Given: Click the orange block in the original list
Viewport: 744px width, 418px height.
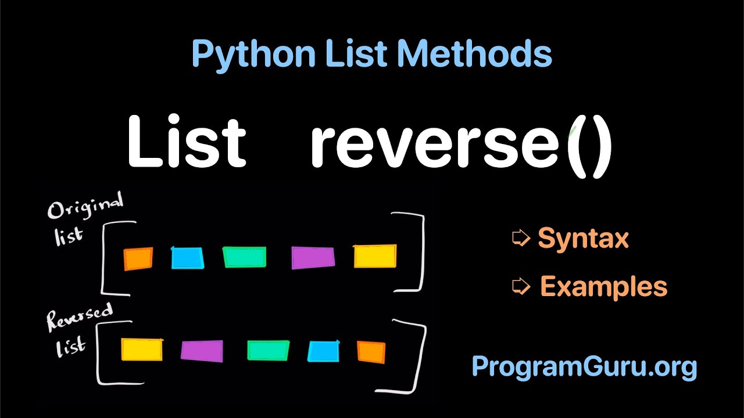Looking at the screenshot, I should pyautogui.click(x=138, y=259).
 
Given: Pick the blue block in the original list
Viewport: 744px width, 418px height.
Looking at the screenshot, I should pyautogui.click(x=188, y=258).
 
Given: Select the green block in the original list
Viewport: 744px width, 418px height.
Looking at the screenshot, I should pyautogui.click(x=245, y=257).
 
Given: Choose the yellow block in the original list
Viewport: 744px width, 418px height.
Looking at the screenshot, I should pyautogui.click(x=375, y=257).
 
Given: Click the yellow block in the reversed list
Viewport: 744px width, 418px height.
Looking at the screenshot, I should pyautogui.click(x=142, y=349).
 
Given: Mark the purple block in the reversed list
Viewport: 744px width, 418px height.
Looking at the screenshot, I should pyautogui.click(x=202, y=351).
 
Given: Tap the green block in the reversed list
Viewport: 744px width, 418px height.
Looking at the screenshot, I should pyautogui.click(x=268, y=350).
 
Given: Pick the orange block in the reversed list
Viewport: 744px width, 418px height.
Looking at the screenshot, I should pyautogui.click(x=371, y=352).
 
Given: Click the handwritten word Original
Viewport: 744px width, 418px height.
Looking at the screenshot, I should pyautogui.click(x=85, y=207).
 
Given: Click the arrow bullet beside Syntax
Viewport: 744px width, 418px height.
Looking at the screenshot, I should pyautogui.click(x=521, y=237).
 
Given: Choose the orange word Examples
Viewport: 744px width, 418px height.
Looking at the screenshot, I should pyautogui.click(x=603, y=286).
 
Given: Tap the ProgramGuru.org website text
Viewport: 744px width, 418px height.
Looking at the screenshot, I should pyautogui.click(x=584, y=366).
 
